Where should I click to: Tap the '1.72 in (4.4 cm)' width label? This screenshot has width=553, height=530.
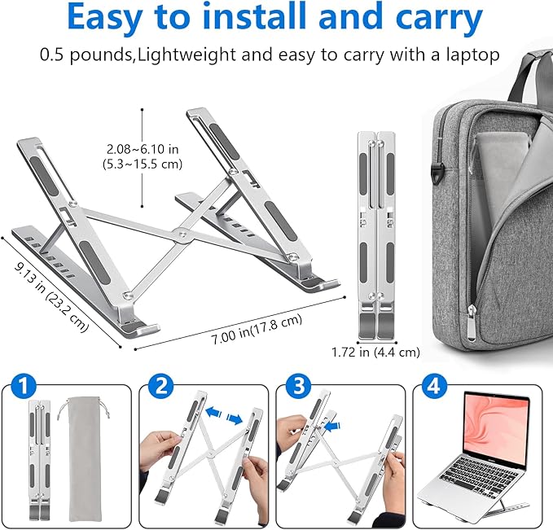[x=375, y=353]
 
